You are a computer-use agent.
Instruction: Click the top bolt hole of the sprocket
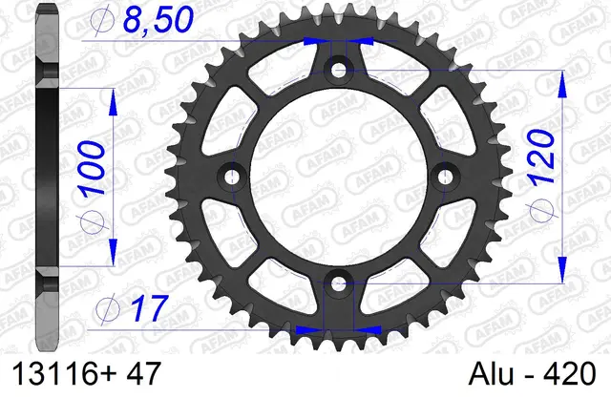pos(339,70)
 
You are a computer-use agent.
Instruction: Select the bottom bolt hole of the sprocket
pos(339,283)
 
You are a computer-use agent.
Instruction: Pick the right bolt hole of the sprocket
pos(445,176)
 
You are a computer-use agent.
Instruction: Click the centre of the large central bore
pos(339,176)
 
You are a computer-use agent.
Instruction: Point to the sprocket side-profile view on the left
pos(47,172)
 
